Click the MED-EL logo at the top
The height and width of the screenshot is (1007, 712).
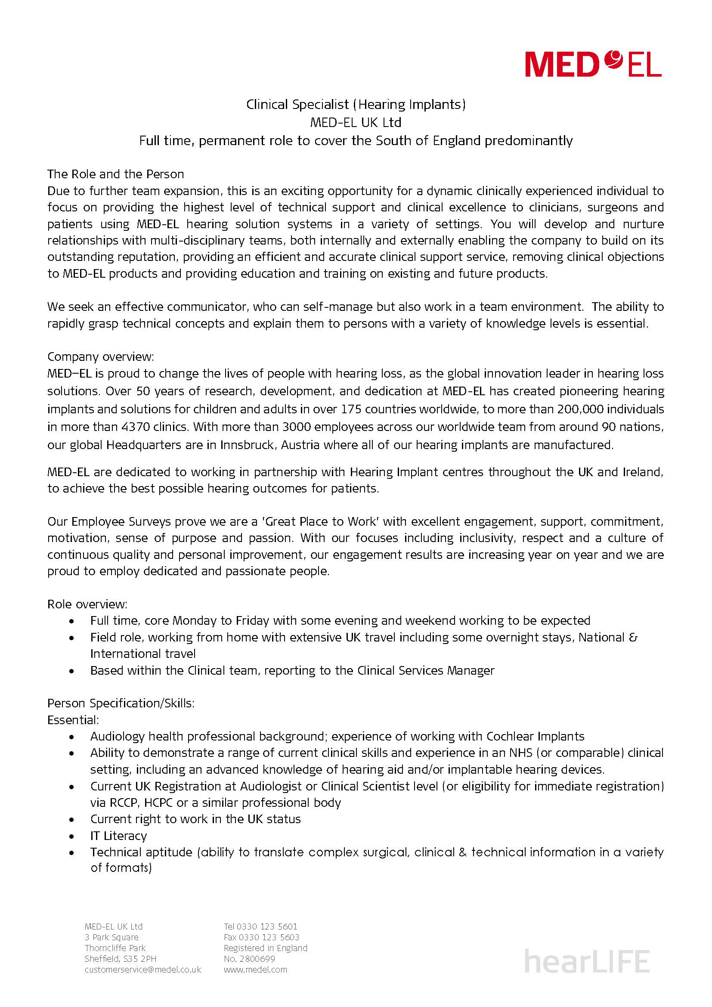593,65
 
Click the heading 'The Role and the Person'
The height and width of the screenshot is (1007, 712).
115,174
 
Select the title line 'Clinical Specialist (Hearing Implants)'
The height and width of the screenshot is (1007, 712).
356,104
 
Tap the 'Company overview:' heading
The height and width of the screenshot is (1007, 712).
100,356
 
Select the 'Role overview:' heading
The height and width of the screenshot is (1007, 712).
87,604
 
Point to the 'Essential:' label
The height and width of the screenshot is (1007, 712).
73,720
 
